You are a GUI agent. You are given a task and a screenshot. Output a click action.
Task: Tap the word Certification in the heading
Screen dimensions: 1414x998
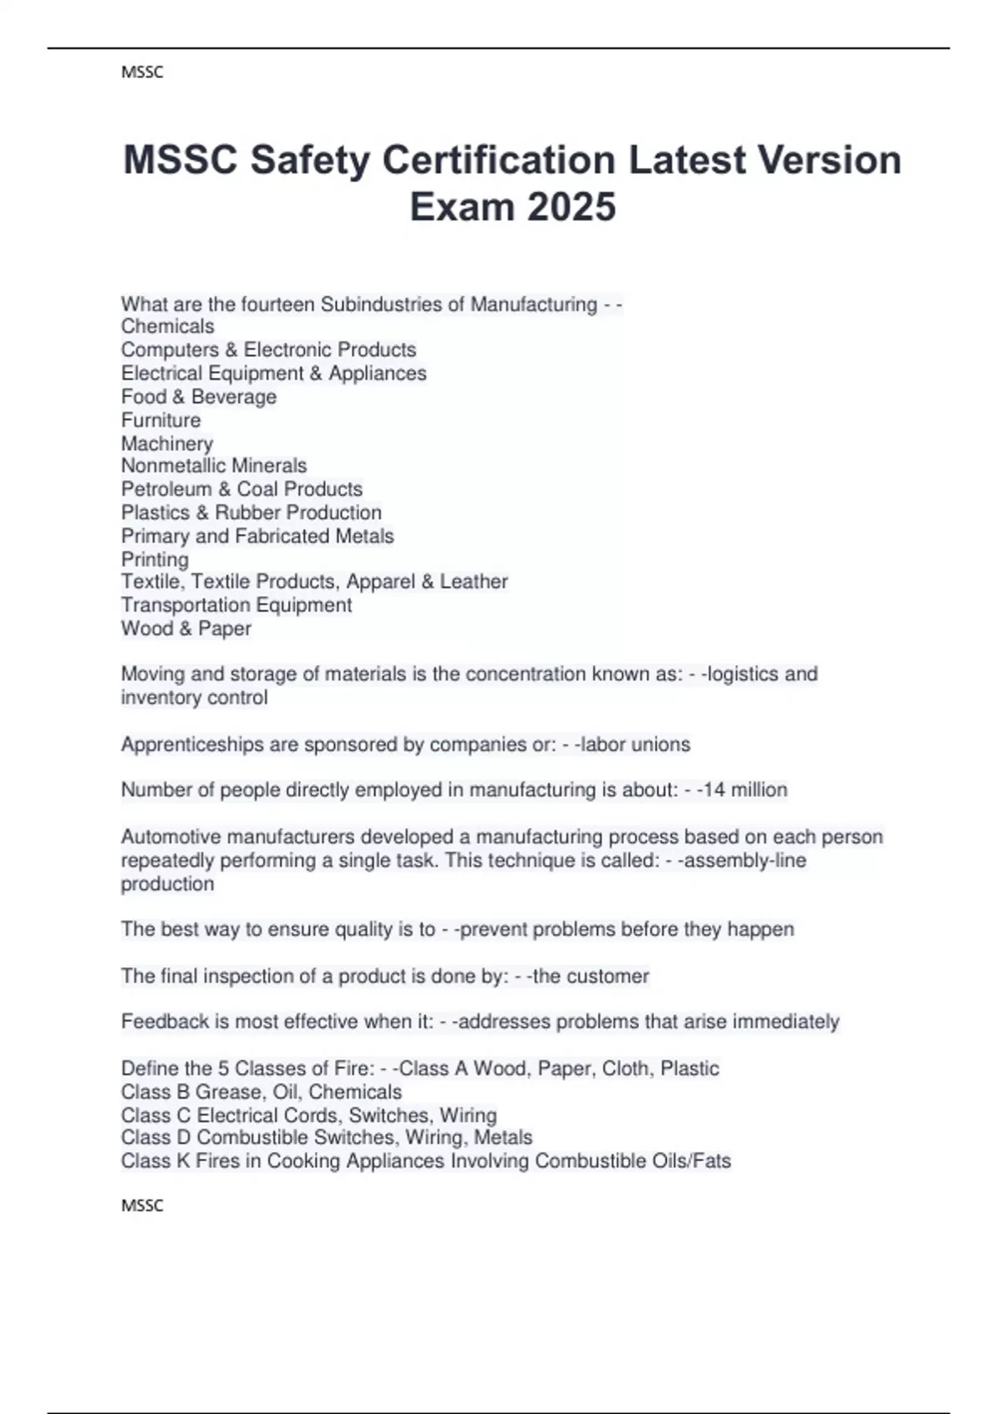(498, 160)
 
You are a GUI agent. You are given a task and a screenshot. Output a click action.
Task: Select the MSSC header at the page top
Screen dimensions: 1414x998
(142, 72)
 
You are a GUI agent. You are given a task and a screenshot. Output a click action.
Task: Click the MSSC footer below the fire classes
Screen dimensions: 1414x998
(142, 1205)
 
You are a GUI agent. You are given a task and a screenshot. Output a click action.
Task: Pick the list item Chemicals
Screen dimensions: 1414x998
(167, 326)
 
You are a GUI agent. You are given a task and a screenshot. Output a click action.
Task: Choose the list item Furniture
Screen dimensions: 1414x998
(161, 420)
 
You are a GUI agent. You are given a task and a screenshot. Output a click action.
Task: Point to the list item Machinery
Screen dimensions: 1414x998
(167, 443)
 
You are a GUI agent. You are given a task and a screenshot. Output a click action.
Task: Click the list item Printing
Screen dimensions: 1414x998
(155, 559)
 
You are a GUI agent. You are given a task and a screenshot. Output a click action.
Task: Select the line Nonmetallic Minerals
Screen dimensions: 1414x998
(214, 466)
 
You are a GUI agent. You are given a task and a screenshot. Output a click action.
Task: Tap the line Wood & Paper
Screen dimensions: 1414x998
(186, 629)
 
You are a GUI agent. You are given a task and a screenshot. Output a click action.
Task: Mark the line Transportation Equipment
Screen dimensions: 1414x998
(236, 605)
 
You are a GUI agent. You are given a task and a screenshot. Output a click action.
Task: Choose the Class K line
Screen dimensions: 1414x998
(426, 1161)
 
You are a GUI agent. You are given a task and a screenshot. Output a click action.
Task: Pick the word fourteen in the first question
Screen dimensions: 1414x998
(278, 304)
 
